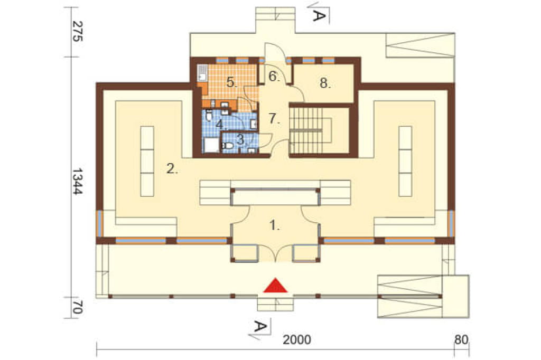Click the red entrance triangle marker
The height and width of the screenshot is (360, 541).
pyautogui.click(x=275, y=286)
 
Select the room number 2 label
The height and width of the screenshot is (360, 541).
pyautogui.click(x=172, y=169)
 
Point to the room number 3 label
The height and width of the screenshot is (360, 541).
pyautogui.click(x=241, y=140)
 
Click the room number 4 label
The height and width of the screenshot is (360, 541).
pyautogui.click(x=220, y=124)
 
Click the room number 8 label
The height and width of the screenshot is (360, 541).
pyautogui.click(x=324, y=83)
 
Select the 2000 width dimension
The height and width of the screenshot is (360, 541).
pyautogui.click(x=297, y=340)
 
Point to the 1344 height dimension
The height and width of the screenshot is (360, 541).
pyautogui.click(x=78, y=182)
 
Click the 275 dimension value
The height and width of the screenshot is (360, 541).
pyautogui.click(x=78, y=31)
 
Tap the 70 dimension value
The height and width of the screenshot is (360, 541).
pyautogui.click(x=78, y=307)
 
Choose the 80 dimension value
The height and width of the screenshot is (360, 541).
pyautogui.click(x=461, y=340)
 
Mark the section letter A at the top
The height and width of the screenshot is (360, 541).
pyautogui.click(x=319, y=15)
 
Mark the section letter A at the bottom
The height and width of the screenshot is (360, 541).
pyautogui.click(x=259, y=326)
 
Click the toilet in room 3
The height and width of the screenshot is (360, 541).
pyautogui.click(x=228, y=146)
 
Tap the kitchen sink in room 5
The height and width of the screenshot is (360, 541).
pyautogui.click(x=202, y=73)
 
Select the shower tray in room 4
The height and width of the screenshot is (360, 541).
pyautogui.click(x=210, y=145)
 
